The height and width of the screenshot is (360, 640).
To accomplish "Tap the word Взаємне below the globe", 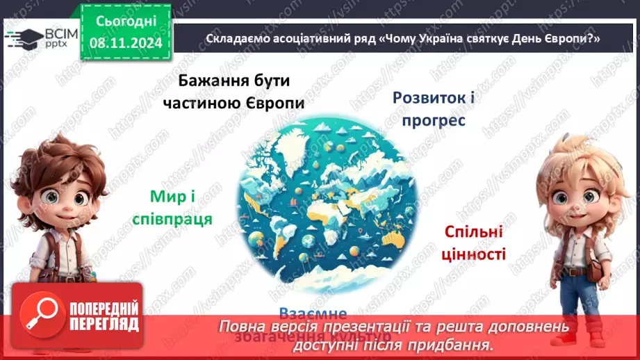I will tap(312, 313).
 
